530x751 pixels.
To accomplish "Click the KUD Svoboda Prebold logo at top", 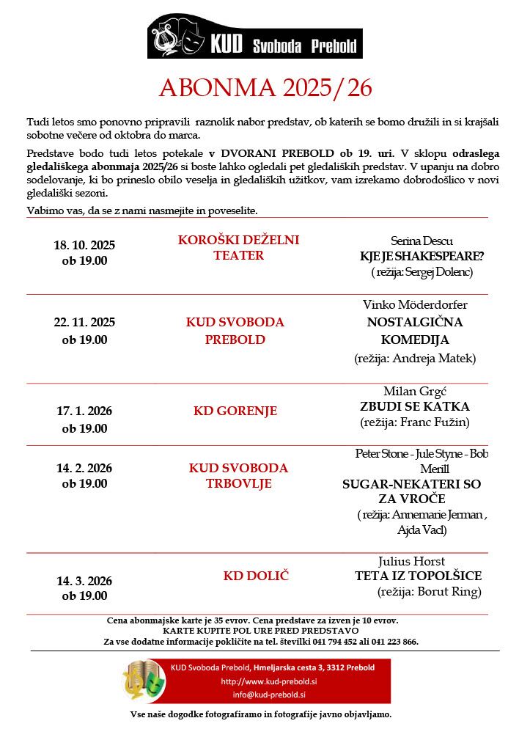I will (x=254, y=37).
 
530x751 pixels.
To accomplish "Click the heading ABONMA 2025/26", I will (x=265, y=88).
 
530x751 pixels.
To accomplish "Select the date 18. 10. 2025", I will (x=84, y=245).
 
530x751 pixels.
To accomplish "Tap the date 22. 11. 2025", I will (x=84, y=322).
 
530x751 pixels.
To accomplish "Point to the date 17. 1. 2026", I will (x=84, y=411).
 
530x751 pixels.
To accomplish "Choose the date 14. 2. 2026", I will (x=84, y=468).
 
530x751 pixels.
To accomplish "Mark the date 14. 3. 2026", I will (x=84, y=581).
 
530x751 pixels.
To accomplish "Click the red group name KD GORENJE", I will (x=235, y=411).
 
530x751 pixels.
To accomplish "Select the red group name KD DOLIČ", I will (x=256, y=576).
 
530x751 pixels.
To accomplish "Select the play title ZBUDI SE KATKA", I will (x=415, y=406).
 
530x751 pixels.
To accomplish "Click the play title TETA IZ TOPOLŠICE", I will (x=418, y=576).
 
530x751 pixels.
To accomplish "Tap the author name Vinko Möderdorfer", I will (x=415, y=304).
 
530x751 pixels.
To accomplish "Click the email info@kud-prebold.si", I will (x=269, y=695).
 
